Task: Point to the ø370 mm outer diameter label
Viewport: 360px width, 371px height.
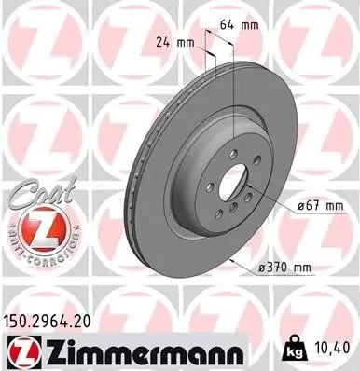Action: point(284,268)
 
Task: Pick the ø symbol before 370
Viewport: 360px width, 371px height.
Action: point(260,268)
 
